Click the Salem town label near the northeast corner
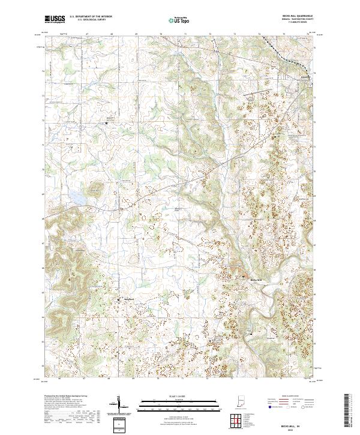(305, 77)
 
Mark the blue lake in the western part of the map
(78, 196)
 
